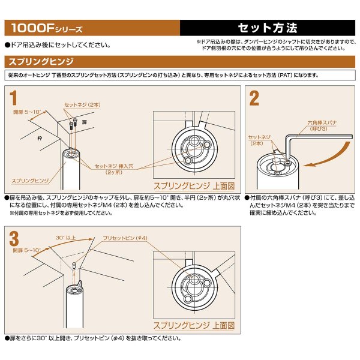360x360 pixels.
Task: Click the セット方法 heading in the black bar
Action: [x=268, y=28]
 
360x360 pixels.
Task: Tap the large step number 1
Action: [x=13, y=97]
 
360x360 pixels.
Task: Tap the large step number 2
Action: [x=254, y=98]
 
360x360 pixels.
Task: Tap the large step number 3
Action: [x=14, y=238]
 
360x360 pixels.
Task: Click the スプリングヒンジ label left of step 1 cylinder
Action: [x=28, y=179]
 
